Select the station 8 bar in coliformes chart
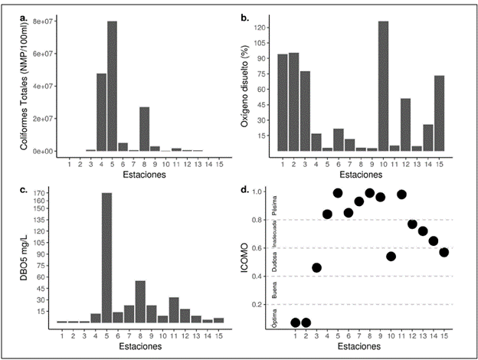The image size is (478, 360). coord(144,129)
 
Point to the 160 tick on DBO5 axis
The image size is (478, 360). coord(43,201)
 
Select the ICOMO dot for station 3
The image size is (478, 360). coord(316,267)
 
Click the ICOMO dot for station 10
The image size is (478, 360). coord(391,256)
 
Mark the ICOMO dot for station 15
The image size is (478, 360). coord(444,252)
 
